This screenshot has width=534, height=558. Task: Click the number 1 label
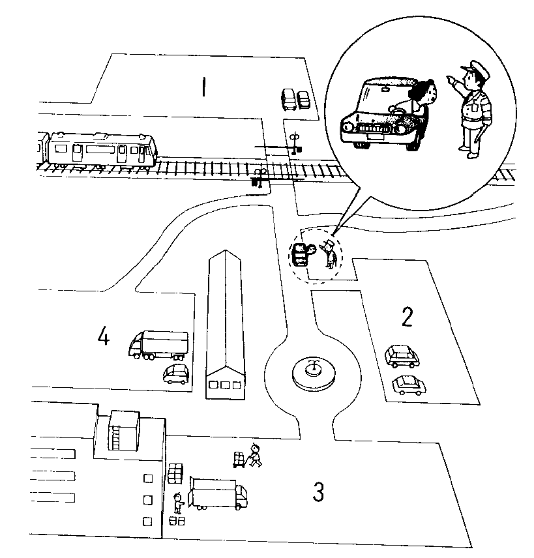click(x=204, y=87)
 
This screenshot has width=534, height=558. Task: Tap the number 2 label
click(x=407, y=317)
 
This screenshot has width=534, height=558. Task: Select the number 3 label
click(x=318, y=492)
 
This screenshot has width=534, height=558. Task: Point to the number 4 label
click(x=103, y=337)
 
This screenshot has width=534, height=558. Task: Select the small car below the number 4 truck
click(x=175, y=374)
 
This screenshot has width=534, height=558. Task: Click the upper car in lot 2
click(x=403, y=355)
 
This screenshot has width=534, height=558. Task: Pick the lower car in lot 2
click(x=408, y=385)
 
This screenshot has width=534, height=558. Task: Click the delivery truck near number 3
click(x=218, y=493)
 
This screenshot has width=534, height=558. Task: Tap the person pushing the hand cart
click(x=254, y=454)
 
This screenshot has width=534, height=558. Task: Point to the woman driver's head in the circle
click(x=424, y=91)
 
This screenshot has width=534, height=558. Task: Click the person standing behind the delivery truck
click(x=177, y=503)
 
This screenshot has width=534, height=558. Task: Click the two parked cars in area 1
click(x=295, y=100)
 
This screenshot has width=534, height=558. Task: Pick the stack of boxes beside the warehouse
click(x=175, y=473)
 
